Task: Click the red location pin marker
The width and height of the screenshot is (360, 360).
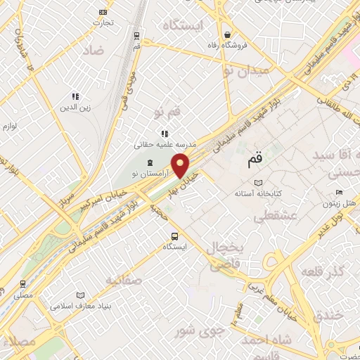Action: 181,165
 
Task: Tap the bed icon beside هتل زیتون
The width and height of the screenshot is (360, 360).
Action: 339,193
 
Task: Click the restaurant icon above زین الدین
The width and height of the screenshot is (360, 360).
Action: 75,97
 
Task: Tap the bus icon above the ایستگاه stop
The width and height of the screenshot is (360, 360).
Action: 174,236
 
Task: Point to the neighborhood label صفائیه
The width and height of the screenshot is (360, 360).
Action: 123,280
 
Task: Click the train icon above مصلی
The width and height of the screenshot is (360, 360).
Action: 23,284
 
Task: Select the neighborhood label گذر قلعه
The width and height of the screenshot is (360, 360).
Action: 322,271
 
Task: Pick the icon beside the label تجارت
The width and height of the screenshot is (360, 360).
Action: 103,12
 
